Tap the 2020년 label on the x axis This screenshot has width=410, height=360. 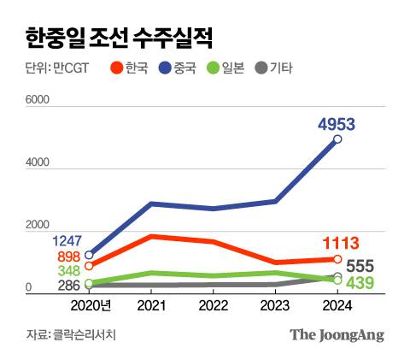[91, 305]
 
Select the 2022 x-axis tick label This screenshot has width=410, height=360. [213, 305]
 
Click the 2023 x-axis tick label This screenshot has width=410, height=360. [275, 305]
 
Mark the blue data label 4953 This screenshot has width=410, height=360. [336, 124]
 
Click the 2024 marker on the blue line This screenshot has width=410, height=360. [337, 139]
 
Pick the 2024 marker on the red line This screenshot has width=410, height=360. [337, 259]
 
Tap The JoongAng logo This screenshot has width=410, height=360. [336, 334]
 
